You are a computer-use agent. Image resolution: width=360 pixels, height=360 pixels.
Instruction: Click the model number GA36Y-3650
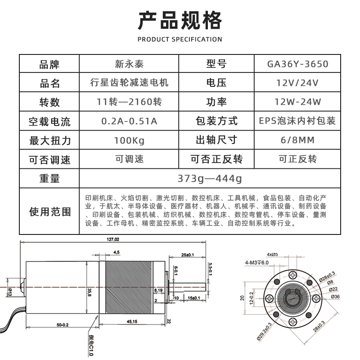click(x=297, y=64)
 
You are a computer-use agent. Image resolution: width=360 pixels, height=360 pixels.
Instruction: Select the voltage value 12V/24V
click(x=297, y=83)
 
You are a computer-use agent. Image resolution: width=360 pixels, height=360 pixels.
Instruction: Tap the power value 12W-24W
click(x=297, y=102)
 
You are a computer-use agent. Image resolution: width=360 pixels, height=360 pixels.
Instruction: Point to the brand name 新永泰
click(x=129, y=64)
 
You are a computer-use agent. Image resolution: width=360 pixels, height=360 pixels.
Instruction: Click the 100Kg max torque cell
click(x=129, y=140)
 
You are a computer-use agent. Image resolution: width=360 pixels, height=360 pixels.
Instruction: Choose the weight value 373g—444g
click(x=210, y=179)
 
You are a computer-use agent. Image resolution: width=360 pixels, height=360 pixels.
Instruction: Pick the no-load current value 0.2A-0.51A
click(x=129, y=121)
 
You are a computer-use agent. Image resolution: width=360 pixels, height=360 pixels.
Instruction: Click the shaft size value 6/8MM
click(x=297, y=140)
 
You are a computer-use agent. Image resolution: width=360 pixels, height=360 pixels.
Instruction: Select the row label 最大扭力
click(x=49, y=140)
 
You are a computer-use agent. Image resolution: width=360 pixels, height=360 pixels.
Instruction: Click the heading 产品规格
click(x=180, y=21)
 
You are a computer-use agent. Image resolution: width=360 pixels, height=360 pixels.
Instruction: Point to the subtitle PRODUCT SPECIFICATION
click(x=180, y=39)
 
